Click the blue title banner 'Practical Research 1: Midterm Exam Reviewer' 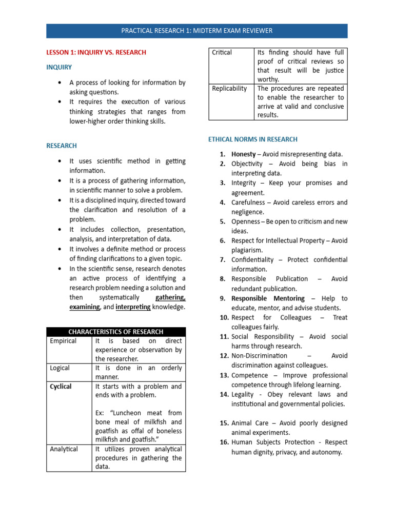[x=196, y=31]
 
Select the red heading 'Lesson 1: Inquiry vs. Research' [x=96, y=52]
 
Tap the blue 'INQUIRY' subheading [x=59, y=67]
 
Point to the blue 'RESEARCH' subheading [x=62, y=146]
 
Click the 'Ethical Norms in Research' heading [x=252, y=139]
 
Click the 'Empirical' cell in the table [x=63, y=341]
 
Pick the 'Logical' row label [x=60, y=368]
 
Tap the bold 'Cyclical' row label [x=61, y=386]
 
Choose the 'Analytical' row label [x=64, y=449]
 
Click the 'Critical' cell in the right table [x=222, y=52]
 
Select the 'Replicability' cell [x=229, y=89]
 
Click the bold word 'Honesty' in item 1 [x=243, y=154]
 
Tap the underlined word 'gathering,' [x=170, y=297]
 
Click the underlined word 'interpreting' [x=133, y=307]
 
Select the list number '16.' [x=224, y=442]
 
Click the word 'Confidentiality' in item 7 [x=252, y=260]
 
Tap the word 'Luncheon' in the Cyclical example [x=126, y=413]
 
